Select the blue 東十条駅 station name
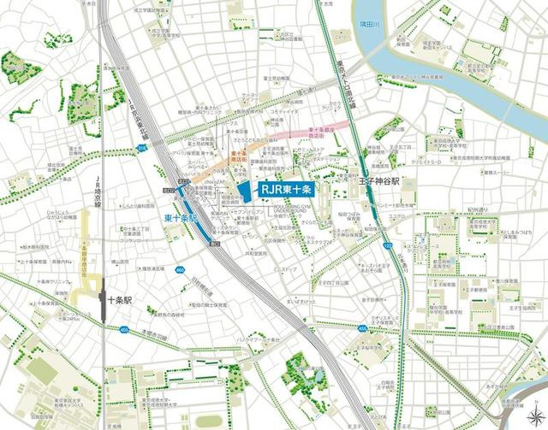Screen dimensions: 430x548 [x=181, y=218]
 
